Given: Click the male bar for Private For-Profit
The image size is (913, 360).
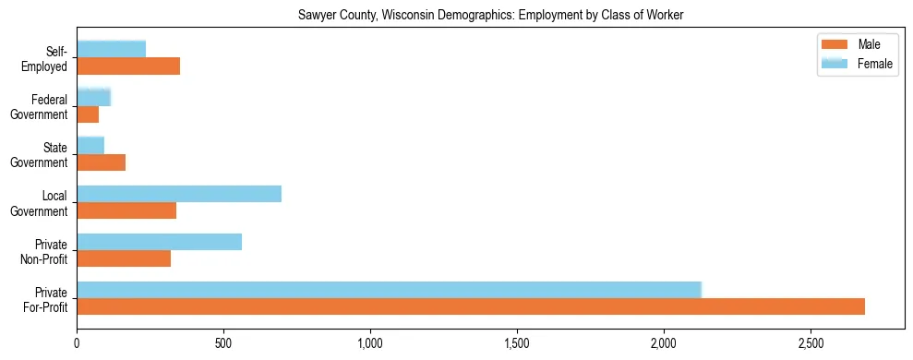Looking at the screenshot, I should (x=471, y=306).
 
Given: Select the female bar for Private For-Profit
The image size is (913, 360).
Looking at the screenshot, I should (x=389, y=290).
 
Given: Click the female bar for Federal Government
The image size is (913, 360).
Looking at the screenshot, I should (x=93, y=97).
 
